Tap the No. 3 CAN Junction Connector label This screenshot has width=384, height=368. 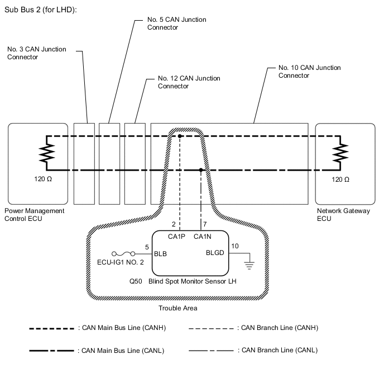pyautogui.click(x=37, y=53)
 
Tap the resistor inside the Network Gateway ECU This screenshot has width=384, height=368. pyautogui.click(x=339, y=152)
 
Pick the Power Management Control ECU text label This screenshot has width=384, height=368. pyautogui.click(x=35, y=215)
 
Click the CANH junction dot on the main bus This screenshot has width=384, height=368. pyautogui.click(x=180, y=136)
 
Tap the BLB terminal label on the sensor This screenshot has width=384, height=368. pyautogui.click(x=160, y=253)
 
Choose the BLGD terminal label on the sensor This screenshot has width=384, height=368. pyautogui.click(x=215, y=253)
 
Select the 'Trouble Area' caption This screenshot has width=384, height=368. pyautogui.click(x=178, y=308)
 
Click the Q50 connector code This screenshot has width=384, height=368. pyautogui.click(x=135, y=282)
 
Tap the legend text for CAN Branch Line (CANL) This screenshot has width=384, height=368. pyautogui.click(x=279, y=350)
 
